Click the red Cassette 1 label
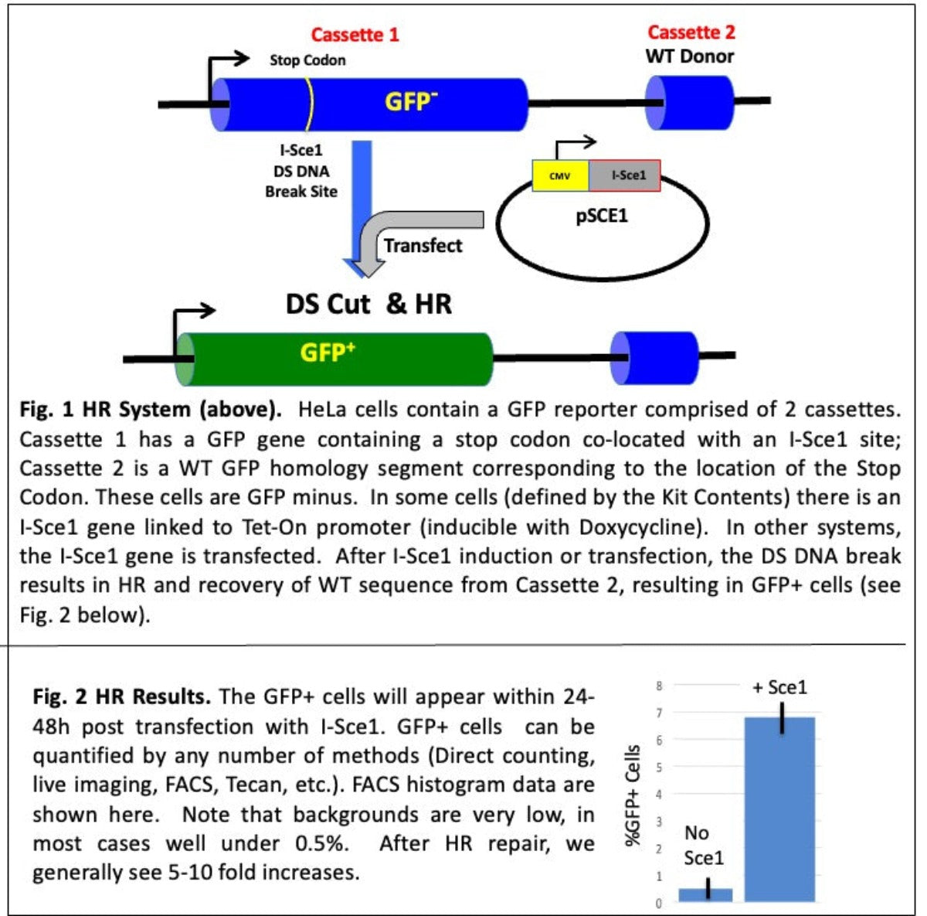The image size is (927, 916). click(x=355, y=35)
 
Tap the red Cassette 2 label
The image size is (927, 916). click(x=691, y=32)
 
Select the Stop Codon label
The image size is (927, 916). click(x=307, y=60)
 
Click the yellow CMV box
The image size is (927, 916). click(x=560, y=176)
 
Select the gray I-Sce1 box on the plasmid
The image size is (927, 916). click(x=624, y=176)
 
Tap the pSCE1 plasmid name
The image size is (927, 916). click(x=602, y=216)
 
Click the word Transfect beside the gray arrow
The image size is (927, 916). click(x=423, y=246)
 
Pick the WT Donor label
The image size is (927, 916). click(x=690, y=56)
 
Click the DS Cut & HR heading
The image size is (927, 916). click(x=368, y=304)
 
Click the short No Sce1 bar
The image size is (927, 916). click(x=705, y=894)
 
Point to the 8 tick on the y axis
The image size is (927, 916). click(x=659, y=686)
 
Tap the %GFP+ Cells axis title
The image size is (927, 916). click(x=633, y=795)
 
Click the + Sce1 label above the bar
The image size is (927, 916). click(x=779, y=687)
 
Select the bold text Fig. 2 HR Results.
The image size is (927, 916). click(x=121, y=696)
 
